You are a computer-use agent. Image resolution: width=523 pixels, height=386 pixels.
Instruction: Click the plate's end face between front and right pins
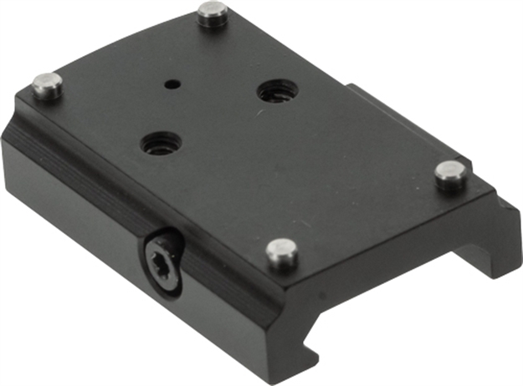[x=385, y=242]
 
